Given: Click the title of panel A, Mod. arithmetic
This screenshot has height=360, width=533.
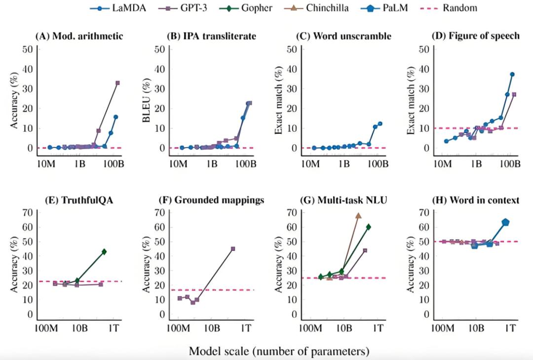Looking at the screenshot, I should coord(79,36).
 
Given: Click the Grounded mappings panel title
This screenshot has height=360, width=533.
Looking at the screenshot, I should coord(212,200).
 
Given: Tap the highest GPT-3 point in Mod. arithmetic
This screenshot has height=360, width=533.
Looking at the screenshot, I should coord(117,83).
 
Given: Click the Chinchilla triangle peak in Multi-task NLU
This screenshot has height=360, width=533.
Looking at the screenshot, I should coord(358,215).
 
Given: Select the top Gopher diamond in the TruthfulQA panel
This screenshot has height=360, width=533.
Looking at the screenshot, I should coord(104,252).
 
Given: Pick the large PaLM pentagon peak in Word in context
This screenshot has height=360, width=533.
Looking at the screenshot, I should coord(505,222).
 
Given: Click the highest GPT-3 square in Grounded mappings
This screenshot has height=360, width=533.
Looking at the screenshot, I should coord(232,248).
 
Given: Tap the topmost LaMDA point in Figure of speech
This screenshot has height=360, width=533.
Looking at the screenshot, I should coord(512,74).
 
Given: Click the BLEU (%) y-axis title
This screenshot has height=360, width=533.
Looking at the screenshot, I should coord(147,99).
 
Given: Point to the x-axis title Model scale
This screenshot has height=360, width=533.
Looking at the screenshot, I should coord(279,352).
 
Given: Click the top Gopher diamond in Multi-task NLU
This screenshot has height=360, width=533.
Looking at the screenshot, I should coord(368,227).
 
